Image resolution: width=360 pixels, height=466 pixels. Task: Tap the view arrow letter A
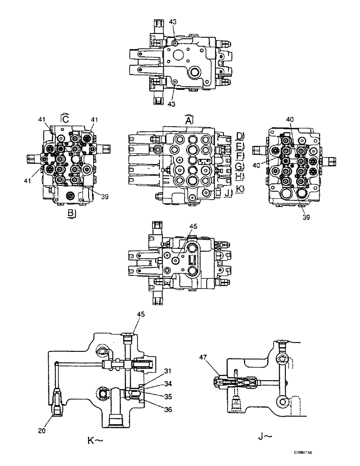[x=188, y=120]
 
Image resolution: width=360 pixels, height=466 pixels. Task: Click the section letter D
[x=239, y=136]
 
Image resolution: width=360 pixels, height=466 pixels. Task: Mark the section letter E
[x=239, y=146]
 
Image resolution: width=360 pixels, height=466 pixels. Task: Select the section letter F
[x=239, y=156]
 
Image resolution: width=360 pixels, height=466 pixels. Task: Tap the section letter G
[x=239, y=166]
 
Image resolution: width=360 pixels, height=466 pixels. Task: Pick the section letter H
[x=239, y=176]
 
